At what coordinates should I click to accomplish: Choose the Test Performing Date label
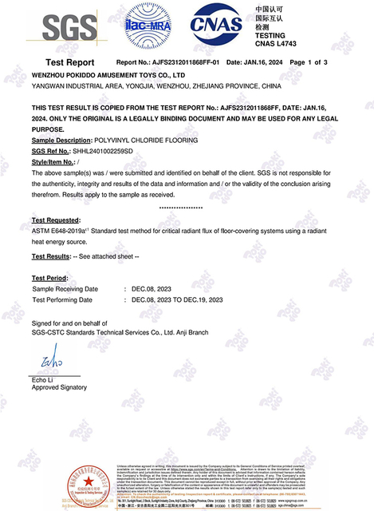coord(62,300)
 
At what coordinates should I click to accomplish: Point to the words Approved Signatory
coord(59,387)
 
